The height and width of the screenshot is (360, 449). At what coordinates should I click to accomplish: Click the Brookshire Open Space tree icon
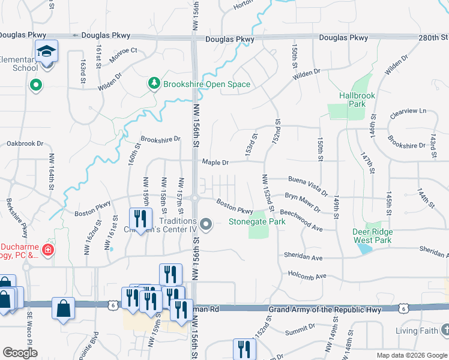pyautogui.click(x=154, y=84)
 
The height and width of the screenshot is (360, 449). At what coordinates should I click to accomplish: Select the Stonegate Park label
pyautogui.click(x=257, y=221)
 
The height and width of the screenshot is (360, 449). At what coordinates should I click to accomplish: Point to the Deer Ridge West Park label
pyautogui.click(x=373, y=236)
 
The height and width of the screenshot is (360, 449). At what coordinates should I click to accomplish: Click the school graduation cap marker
pyautogui.click(x=46, y=52)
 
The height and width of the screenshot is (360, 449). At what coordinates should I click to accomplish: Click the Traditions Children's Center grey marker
pyautogui.click(x=206, y=225)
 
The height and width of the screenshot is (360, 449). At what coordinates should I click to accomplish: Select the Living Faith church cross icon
pyautogui.click(x=445, y=330)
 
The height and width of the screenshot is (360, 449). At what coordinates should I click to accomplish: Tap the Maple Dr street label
pyautogui.click(x=215, y=162)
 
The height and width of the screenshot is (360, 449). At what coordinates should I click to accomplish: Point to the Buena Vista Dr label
pyautogui.click(x=308, y=185)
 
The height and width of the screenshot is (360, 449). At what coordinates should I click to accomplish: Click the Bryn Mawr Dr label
pyautogui.click(x=302, y=202)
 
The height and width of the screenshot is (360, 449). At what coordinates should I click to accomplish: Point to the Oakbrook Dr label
pyautogui.click(x=25, y=143)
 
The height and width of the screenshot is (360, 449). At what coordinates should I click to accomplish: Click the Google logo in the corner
pyautogui.click(x=20, y=353)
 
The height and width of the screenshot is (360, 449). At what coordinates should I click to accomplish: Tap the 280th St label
pyautogui.click(x=433, y=38)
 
